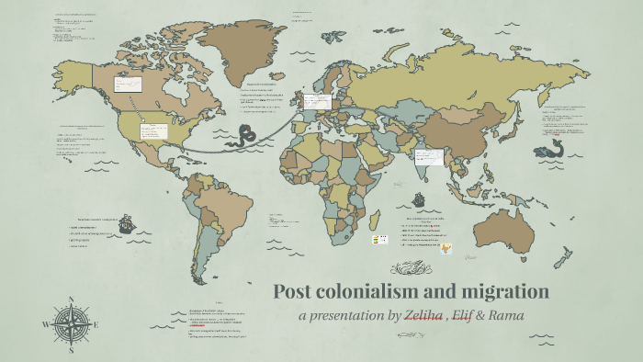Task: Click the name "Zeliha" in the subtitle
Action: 423,317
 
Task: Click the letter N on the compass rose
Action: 72,300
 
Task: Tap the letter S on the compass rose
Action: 72,350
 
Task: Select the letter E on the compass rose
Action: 97,324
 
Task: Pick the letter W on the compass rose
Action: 45,324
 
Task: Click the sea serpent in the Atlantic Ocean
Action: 247,137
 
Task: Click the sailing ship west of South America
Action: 127,222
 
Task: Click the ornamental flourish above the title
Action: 410,268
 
